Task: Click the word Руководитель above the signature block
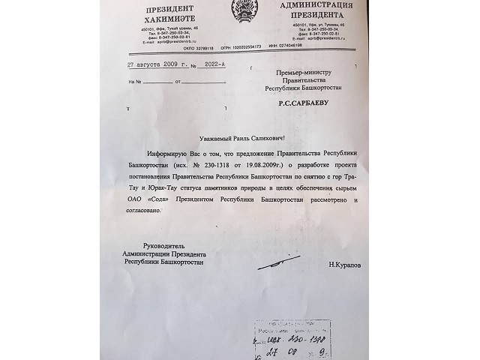pos(162,246)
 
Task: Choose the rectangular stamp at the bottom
pos(288,339)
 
